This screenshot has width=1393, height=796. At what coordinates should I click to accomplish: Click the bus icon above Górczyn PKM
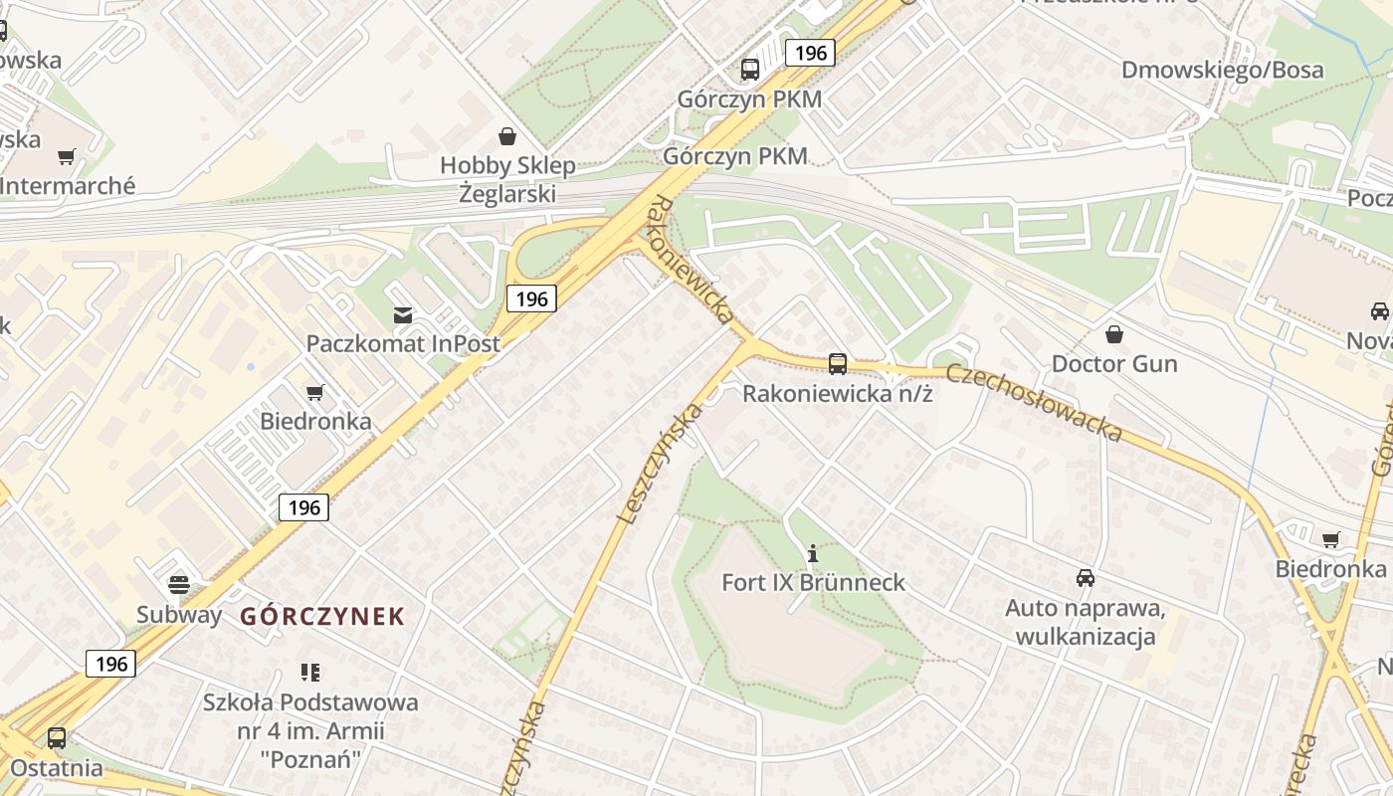pyautogui.click(x=750, y=70)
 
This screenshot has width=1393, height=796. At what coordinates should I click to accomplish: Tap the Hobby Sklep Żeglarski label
pyautogui.click(x=507, y=179)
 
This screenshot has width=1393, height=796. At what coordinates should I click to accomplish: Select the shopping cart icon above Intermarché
pyautogui.click(x=67, y=156)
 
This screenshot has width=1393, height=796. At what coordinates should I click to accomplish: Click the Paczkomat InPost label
pyautogui.click(x=403, y=343)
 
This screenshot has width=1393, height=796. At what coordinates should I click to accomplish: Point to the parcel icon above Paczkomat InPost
pyautogui.click(x=403, y=315)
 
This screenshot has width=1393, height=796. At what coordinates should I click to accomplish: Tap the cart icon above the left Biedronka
pyautogui.click(x=315, y=393)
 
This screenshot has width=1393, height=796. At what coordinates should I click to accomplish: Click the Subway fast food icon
pyautogui.click(x=179, y=584)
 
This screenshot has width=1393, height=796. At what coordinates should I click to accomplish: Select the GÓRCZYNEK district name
pyautogui.click(x=322, y=616)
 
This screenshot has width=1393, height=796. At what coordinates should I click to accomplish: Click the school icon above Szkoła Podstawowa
pyautogui.click(x=310, y=673)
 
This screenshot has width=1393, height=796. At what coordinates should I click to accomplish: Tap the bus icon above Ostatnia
pyautogui.click(x=57, y=738)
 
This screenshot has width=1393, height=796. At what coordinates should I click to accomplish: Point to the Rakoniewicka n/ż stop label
pyautogui.click(x=837, y=393)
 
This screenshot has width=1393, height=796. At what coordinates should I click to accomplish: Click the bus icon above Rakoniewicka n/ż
pyautogui.click(x=838, y=364)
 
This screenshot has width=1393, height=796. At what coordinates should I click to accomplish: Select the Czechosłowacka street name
pyautogui.click(x=1034, y=402)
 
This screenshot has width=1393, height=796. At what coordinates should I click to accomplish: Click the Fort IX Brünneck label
pyautogui.click(x=813, y=582)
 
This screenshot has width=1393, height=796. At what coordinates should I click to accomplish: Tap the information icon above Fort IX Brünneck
pyautogui.click(x=813, y=553)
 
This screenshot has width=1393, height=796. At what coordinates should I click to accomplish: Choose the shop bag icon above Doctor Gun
pyautogui.click(x=1114, y=334)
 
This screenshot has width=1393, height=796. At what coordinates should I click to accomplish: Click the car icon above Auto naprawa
pyautogui.click(x=1086, y=577)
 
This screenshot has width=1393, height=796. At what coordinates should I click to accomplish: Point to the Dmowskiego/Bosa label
pyautogui.click(x=1222, y=70)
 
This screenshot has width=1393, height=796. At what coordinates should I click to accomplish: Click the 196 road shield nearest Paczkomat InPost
pyautogui.click(x=531, y=298)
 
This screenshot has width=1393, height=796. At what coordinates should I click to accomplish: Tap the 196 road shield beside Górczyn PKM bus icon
pyautogui.click(x=810, y=53)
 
